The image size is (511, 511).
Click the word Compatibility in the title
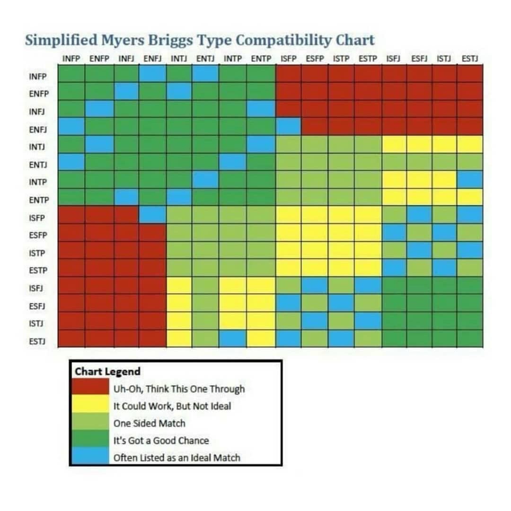tap(283, 41)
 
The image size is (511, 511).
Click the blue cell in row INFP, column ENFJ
tap(152, 74)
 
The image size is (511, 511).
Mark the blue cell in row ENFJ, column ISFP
tap(289, 126)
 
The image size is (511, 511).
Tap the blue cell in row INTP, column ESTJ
tap(470, 179)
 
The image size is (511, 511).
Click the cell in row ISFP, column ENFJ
tap(152, 214)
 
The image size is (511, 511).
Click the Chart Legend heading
tap(107, 371)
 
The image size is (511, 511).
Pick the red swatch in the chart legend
tap(90, 388)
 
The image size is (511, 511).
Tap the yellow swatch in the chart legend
tap(90, 405)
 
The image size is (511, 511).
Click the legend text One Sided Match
tap(149, 423)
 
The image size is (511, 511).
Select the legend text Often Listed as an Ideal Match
tap(176, 458)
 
